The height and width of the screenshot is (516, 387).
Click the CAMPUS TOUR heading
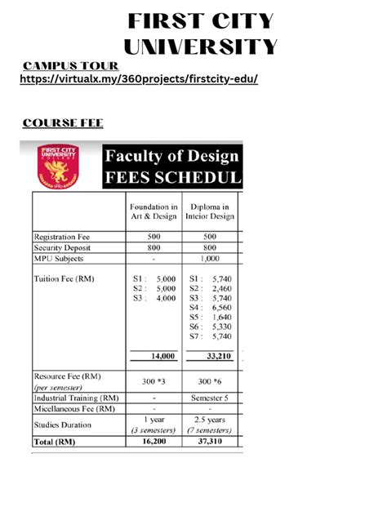click(70, 65)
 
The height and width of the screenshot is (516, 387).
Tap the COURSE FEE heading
click(63, 123)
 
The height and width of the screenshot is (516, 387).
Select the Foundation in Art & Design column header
click(153, 211)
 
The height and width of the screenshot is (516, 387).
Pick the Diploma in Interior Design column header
click(210, 211)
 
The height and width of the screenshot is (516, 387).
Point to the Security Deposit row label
click(63, 247)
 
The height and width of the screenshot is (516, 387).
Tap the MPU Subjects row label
click(59, 259)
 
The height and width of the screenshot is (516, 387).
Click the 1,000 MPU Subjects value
click(210, 259)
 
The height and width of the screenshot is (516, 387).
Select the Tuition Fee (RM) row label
click(64, 278)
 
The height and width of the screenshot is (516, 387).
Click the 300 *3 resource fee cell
click(153, 381)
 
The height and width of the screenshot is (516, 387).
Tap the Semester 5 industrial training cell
click(210, 398)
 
